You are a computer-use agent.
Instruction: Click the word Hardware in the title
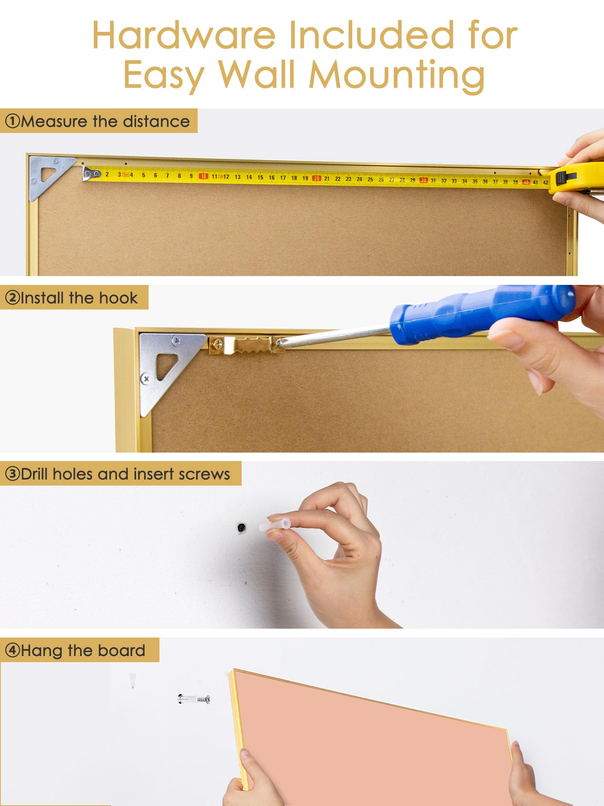click(x=184, y=35)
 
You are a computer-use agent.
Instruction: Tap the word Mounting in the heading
click(x=397, y=76)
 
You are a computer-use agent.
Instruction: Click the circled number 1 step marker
click(x=13, y=121)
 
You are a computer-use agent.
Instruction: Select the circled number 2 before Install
click(x=12, y=298)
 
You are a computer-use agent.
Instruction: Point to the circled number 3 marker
click(x=12, y=474)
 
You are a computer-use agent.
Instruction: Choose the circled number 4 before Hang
click(x=12, y=650)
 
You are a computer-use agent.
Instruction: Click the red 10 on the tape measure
click(x=204, y=176)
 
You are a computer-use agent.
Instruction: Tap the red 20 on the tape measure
click(x=316, y=178)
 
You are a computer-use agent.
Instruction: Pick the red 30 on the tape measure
click(x=424, y=180)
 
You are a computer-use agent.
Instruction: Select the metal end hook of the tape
click(x=91, y=173)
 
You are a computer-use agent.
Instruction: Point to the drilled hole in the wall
click(x=242, y=528)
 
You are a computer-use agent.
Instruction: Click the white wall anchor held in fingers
click(x=275, y=525)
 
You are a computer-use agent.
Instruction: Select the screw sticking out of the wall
click(x=194, y=699)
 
